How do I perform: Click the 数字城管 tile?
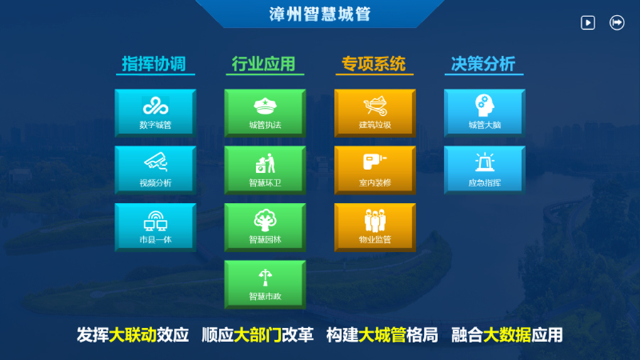pyautogui.click(x=156, y=112)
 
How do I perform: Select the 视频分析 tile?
pyautogui.click(x=156, y=170)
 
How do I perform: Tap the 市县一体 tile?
pyautogui.click(x=156, y=227)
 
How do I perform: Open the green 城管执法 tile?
pyautogui.click(x=265, y=112)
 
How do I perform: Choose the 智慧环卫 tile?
pyautogui.click(x=265, y=170)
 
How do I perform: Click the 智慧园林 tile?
pyautogui.click(x=265, y=227)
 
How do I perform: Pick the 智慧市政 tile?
pyautogui.click(x=265, y=284)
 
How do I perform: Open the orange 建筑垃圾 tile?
pyautogui.click(x=375, y=112)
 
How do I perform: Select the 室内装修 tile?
pyautogui.click(x=375, y=170)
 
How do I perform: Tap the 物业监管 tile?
pyautogui.click(x=375, y=227)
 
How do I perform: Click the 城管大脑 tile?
pyautogui.click(x=484, y=112)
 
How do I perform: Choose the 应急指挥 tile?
pyautogui.click(x=484, y=170)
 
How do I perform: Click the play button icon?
pyautogui.click(x=588, y=23)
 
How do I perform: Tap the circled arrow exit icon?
pyautogui.click(x=617, y=23)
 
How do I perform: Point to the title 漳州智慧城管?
pyautogui.click(x=320, y=14)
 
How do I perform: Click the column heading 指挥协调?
pyautogui.click(x=154, y=64)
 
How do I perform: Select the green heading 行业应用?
pyautogui.click(x=264, y=64)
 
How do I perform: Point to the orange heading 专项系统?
pyautogui.click(x=373, y=64)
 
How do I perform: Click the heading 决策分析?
pyautogui.click(x=484, y=64)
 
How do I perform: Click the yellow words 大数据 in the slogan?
pyautogui.click(x=507, y=335)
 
